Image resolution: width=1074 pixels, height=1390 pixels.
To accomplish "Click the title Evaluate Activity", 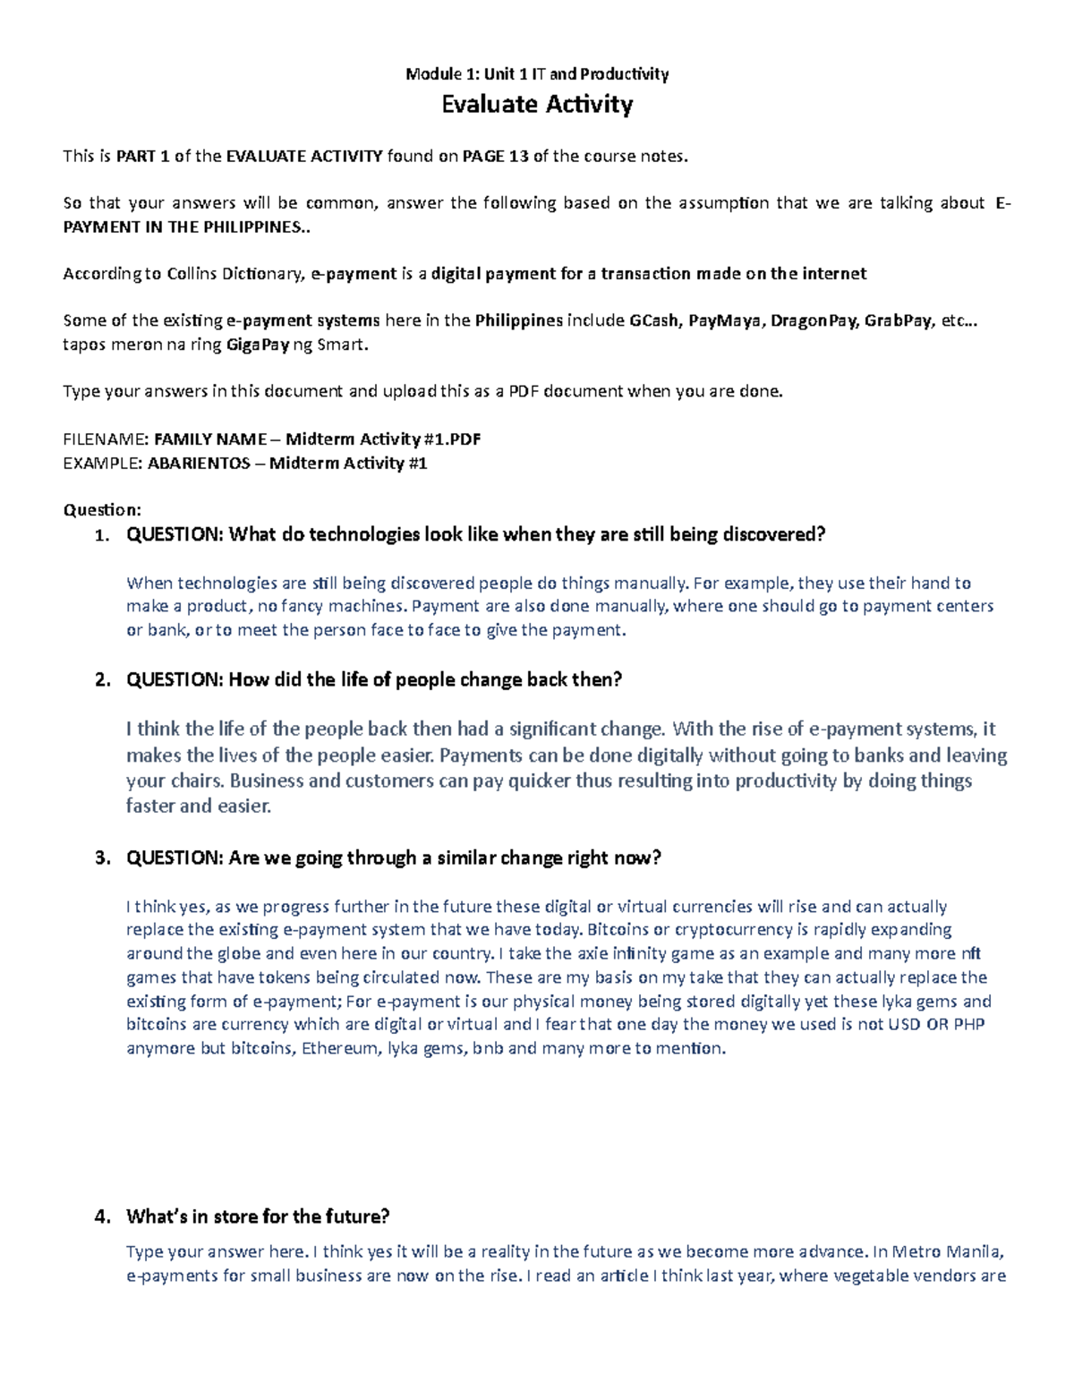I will (x=537, y=105).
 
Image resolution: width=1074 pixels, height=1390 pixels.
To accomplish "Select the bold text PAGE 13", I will (x=495, y=157).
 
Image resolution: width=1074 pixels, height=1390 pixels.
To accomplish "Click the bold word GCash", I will (x=653, y=320).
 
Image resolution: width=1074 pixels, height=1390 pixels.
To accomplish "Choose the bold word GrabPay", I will (x=898, y=320).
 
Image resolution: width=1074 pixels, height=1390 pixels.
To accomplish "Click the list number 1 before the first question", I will (x=101, y=535).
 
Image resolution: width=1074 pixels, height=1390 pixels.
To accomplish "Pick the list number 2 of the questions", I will (x=101, y=680).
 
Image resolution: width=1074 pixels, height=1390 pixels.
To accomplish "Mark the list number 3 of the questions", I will (x=101, y=858).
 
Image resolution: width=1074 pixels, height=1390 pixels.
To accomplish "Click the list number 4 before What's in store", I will (x=101, y=1216).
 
